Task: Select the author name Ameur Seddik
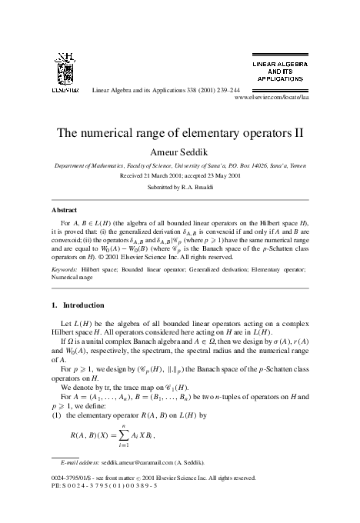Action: tap(180, 151)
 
